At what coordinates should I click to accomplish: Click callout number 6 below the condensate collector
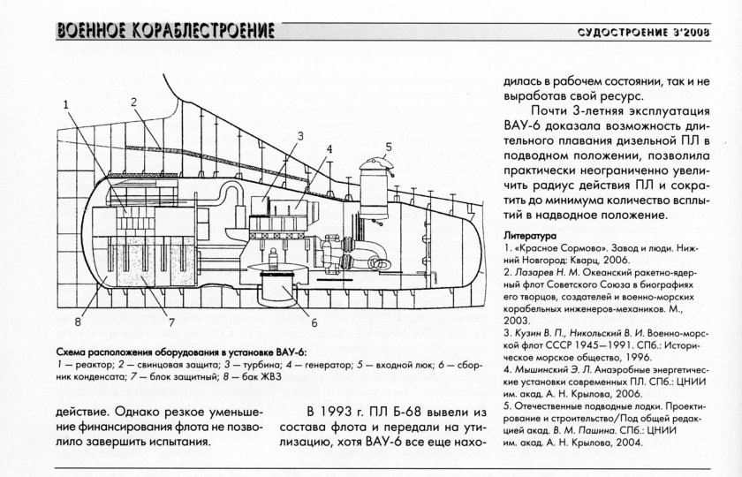click(314, 310)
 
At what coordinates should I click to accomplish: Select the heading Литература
click(529, 237)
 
